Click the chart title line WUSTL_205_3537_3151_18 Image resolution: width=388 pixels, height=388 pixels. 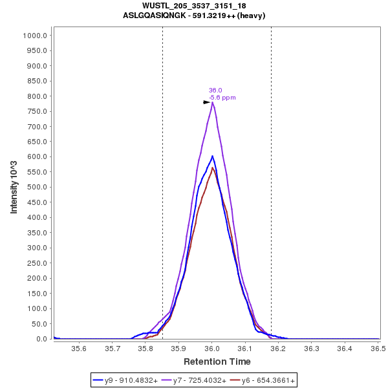point(194,6)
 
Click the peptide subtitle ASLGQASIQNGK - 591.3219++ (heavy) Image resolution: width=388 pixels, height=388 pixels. point(194,15)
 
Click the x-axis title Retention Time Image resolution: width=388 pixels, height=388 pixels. point(217,361)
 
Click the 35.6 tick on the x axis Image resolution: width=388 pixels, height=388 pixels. point(79,349)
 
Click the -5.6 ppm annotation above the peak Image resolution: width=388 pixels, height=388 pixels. point(222,98)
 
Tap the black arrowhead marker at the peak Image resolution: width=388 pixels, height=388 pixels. point(206,102)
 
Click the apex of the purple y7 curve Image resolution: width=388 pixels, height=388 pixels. point(212,102)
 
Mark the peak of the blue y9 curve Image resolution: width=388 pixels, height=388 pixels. point(212,156)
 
